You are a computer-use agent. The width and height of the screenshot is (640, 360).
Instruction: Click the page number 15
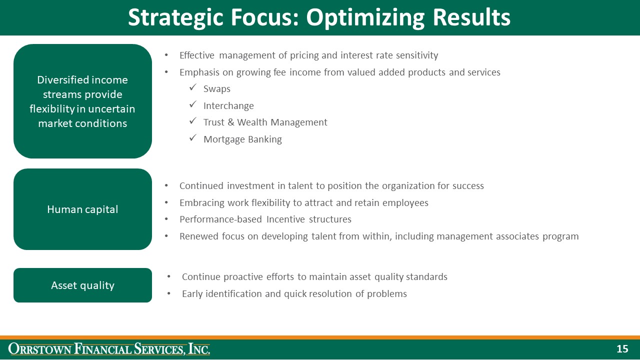pos(622,349)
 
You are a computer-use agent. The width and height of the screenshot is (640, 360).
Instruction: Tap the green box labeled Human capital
pos(82,209)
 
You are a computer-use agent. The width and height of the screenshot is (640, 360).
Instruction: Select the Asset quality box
pos(82,285)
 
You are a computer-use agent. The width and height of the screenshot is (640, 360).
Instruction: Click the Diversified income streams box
pos(82,101)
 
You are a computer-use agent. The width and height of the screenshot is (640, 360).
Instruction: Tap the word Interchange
pos(228,106)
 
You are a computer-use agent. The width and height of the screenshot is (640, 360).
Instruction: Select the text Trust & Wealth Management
pos(265,122)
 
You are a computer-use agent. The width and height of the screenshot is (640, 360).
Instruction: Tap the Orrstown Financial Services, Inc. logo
pos(109,349)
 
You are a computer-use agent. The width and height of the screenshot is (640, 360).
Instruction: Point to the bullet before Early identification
pos(169,294)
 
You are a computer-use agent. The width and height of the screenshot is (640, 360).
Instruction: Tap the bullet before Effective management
pos(166,55)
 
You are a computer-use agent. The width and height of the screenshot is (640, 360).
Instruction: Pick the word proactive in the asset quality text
pos(245,277)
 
